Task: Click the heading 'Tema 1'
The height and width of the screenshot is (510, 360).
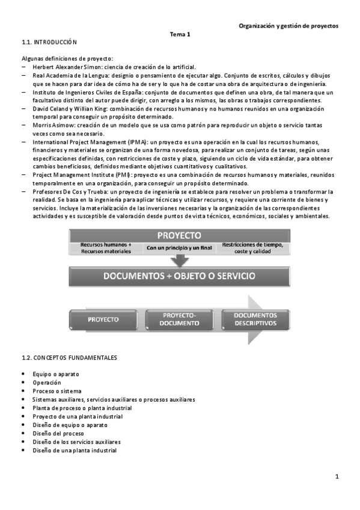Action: [x=180, y=34]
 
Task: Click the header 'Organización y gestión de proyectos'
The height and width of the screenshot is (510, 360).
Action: [x=288, y=26]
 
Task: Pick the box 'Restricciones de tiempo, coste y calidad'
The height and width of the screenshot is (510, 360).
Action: [x=252, y=248]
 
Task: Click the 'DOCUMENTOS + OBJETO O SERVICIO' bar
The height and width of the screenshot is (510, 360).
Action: [x=180, y=277]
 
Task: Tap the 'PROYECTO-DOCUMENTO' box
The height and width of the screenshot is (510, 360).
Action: [x=180, y=319]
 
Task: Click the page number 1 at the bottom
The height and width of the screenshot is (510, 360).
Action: [x=338, y=477]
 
